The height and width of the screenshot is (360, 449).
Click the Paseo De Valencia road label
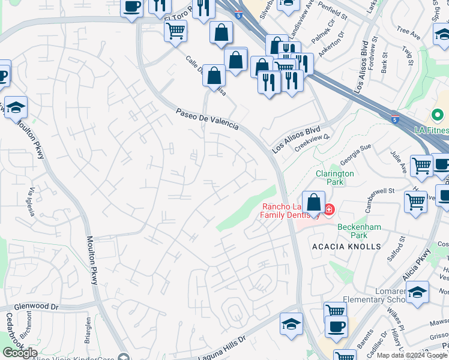[207, 119]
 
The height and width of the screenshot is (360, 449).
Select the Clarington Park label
[334, 178]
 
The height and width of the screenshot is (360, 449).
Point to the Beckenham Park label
[360, 230]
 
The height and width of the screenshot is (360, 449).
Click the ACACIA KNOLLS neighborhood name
[346, 247]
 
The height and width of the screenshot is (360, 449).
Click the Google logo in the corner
[19, 353]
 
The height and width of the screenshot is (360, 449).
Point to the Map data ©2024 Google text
[411, 355]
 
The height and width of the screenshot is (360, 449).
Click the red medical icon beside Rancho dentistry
[328, 209]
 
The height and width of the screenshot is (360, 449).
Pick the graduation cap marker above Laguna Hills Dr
[291, 325]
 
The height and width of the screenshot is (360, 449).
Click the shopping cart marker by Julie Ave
[421, 165]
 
